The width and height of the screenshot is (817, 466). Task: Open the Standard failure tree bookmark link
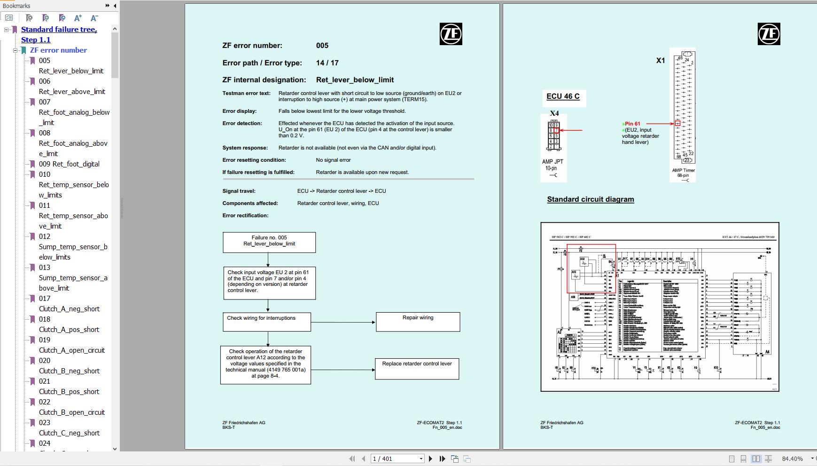click(59, 30)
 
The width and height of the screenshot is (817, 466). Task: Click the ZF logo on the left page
click(451, 34)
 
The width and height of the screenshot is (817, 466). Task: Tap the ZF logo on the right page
click(769, 34)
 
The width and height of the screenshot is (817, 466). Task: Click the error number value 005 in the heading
click(322, 46)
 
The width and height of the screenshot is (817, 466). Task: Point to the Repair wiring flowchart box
click(418, 322)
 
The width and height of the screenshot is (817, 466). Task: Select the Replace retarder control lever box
click(417, 368)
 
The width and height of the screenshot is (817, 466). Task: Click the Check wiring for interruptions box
click(266, 322)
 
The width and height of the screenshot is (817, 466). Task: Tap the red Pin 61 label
click(632, 124)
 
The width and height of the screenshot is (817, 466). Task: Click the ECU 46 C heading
click(563, 96)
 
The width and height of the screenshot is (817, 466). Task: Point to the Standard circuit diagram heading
click(590, 199)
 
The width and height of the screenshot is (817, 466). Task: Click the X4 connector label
click(554, 113)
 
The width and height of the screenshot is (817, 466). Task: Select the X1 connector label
click(660, 61)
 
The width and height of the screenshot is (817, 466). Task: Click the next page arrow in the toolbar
click(430, 458)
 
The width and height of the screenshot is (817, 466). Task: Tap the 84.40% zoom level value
click(792, 458)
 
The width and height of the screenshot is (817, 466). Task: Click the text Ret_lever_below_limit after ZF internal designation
click(355, 80)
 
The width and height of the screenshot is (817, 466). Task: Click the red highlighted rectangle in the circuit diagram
click(591, 269)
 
